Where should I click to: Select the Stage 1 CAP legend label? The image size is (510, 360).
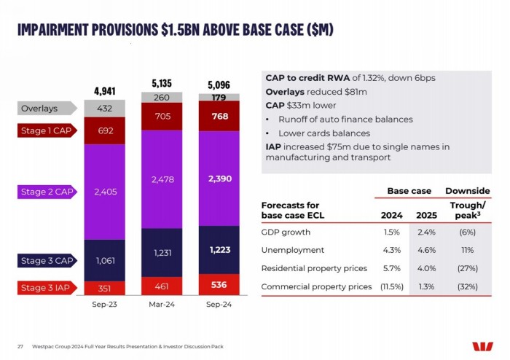45,131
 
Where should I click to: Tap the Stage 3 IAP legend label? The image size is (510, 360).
45,288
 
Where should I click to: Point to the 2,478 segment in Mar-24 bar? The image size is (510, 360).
162,179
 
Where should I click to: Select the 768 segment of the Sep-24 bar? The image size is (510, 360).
219,117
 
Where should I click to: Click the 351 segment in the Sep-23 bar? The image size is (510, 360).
105,288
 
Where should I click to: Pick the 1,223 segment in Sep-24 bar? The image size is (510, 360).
219,250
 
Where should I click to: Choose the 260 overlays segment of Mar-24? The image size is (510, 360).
162,98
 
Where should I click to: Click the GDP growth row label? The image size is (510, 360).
286,232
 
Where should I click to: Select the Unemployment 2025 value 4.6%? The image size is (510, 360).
427,250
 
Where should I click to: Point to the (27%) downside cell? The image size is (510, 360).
466,268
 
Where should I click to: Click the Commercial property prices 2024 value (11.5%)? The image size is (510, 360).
391,286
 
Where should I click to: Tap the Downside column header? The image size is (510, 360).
466,191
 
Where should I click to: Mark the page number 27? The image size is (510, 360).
20,345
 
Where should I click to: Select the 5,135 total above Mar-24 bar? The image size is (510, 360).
162,84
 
